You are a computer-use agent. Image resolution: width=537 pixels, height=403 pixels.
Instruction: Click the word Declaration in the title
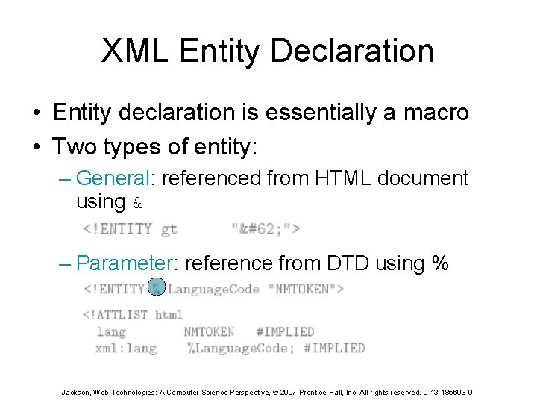[351, 51]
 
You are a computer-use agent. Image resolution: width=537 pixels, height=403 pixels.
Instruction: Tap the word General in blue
[113, 178]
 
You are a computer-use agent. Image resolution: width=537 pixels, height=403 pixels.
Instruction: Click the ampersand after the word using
[136, 202]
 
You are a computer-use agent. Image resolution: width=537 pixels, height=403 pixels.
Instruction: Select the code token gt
[169, 228]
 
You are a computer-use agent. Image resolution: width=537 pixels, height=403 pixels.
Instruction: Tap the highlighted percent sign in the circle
[157, 287]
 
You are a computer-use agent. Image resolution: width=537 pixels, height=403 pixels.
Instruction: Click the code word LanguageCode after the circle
[213, 288]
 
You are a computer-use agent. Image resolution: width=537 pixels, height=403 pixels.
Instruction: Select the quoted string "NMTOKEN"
[307, 288]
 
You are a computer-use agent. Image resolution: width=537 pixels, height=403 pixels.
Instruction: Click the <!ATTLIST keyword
[116, 314]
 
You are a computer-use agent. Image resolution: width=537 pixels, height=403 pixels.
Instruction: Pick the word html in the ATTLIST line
[169, 314]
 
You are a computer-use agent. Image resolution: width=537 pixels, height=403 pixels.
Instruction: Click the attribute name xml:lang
[126, 348]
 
